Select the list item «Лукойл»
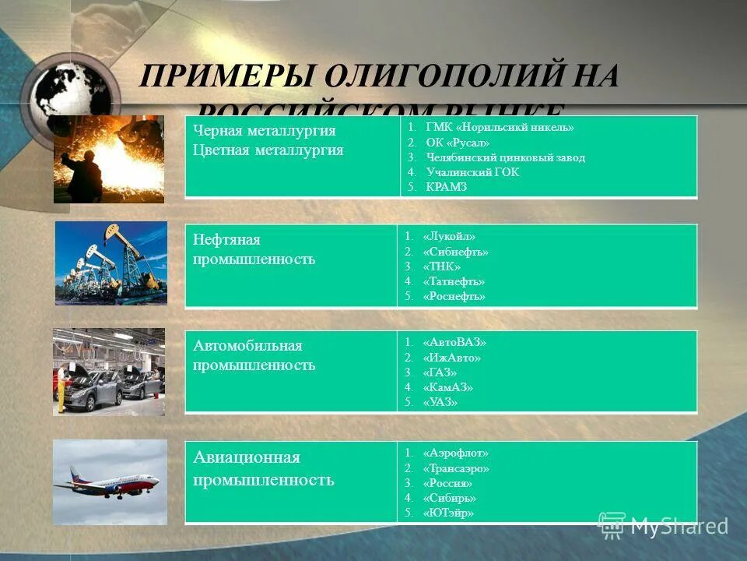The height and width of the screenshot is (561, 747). [x=449, y=237]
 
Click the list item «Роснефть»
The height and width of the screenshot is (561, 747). [x=454, y=296]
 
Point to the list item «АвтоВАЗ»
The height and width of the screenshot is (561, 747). [x=455, y=343]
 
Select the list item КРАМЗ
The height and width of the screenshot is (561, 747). [x=447, y=187]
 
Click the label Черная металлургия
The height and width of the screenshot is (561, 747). [x=265, y=130]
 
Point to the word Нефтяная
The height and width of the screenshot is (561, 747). [x=226, y=239]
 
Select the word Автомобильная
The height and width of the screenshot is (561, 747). [x=247, y=345]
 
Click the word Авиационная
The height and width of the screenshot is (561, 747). [x=247, y=457]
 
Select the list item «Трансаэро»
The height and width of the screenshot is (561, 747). [x=456, y=468]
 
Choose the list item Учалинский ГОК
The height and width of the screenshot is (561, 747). [x=472, y=172]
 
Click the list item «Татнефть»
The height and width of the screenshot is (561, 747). [x=454, y=281]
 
